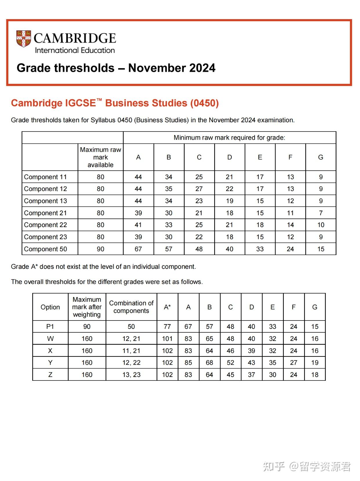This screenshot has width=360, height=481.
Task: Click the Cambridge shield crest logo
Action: pyautogui.click(x=23, y=39)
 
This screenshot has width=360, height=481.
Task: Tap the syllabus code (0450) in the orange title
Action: pyautogui.click(x=204, y=103)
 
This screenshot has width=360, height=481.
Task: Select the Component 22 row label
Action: pyautogui.click(x=46, y=225)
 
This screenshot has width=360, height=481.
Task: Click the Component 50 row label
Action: pyautogui.click(x=46, y=249)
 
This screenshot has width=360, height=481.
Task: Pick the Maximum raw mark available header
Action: pyautogui.click(x=100, y=157)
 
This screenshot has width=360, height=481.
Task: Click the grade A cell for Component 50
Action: pyautogui.click(x=138, y=249)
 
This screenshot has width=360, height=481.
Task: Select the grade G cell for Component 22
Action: pyautogui.click(x=321, y=225)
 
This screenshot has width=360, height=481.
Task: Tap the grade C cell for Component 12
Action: pyautogui.click(x=199, y=189)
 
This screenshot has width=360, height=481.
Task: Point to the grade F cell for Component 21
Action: pyautogui.click(x=290, y=213)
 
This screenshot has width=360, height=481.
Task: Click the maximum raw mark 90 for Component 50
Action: pyautogui.click(x=100, y=249)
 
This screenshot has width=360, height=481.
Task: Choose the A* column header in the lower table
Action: pyautogui.click(x=167, y=307)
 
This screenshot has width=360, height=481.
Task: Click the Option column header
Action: pyautogui.click(x=50, y=307)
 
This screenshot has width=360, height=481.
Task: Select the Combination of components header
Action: pyautogui.click(x=131, y=307)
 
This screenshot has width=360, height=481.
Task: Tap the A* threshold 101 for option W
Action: pyautogui.click(x=167, y=338)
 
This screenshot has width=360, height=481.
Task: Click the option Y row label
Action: pyautogui.click(x=50, y=362)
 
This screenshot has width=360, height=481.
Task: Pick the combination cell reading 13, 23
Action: pyautogui.click(x=131, y=375)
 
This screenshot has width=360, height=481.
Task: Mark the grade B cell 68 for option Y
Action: pyautogui.click(x=209, y=362)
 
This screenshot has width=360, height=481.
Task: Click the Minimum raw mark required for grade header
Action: pyautogui.click(x=229, y=138)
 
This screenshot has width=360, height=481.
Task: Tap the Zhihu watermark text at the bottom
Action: pyautogui.click(x=307, y=467)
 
